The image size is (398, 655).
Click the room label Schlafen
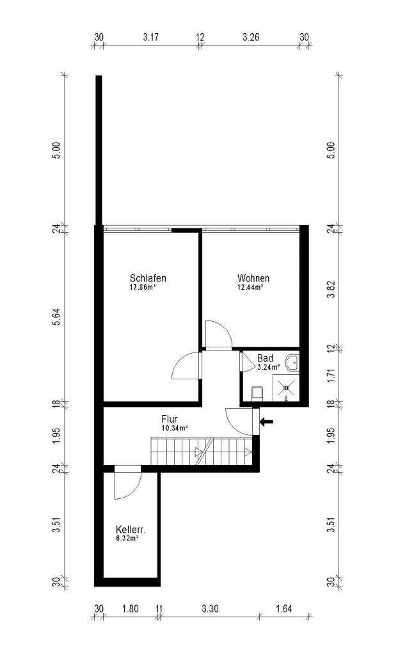(148, 278)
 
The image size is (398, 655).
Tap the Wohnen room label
(253, 278)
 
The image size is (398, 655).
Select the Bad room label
(265, 358)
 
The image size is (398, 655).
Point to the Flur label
(170, 419)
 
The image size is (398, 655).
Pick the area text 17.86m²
(143, 287)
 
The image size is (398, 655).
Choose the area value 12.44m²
(250, 287)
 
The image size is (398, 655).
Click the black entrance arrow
(266, 422)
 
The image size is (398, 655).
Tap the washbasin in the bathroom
(292, 363)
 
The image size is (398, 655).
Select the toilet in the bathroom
(257, 393)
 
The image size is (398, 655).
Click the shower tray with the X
(286, 388)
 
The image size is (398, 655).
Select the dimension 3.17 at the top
(150, 36)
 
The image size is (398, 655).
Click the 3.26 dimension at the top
(251, 36)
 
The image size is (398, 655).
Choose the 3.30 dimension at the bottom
(209, 609)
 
